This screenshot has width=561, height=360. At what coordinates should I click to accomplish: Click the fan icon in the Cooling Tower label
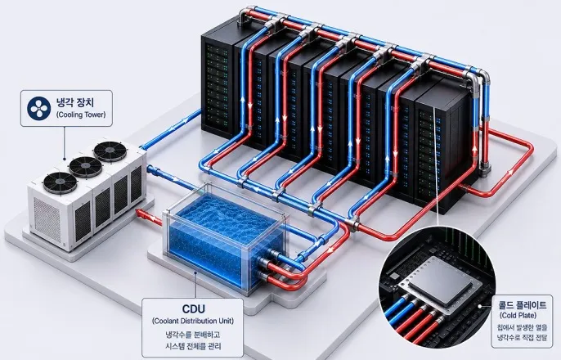(38, 108)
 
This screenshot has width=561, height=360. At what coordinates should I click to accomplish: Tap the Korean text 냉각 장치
(75, 102)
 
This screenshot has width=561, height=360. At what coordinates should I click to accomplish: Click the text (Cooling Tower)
(81, 115)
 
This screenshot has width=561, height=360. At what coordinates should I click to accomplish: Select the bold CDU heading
(194, 308)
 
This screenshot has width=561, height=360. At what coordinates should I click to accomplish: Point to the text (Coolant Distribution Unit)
(193, 321)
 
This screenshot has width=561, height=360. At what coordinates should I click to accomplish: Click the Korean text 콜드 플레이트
(523, 305)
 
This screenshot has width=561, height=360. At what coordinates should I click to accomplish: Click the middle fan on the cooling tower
(86, 167)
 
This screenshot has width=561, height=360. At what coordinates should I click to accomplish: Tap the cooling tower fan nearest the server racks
(110, 151)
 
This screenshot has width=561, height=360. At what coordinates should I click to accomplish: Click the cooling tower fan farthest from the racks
(61, 182)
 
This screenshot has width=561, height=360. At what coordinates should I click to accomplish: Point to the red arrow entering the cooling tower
(148, 218)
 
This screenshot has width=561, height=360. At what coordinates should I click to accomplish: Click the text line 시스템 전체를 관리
(193, 346)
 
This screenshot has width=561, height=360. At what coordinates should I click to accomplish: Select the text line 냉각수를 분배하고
(193, 335)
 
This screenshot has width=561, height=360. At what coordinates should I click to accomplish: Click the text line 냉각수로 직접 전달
(522, 337)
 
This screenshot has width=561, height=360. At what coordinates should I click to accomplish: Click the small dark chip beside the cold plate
(394, 276)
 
